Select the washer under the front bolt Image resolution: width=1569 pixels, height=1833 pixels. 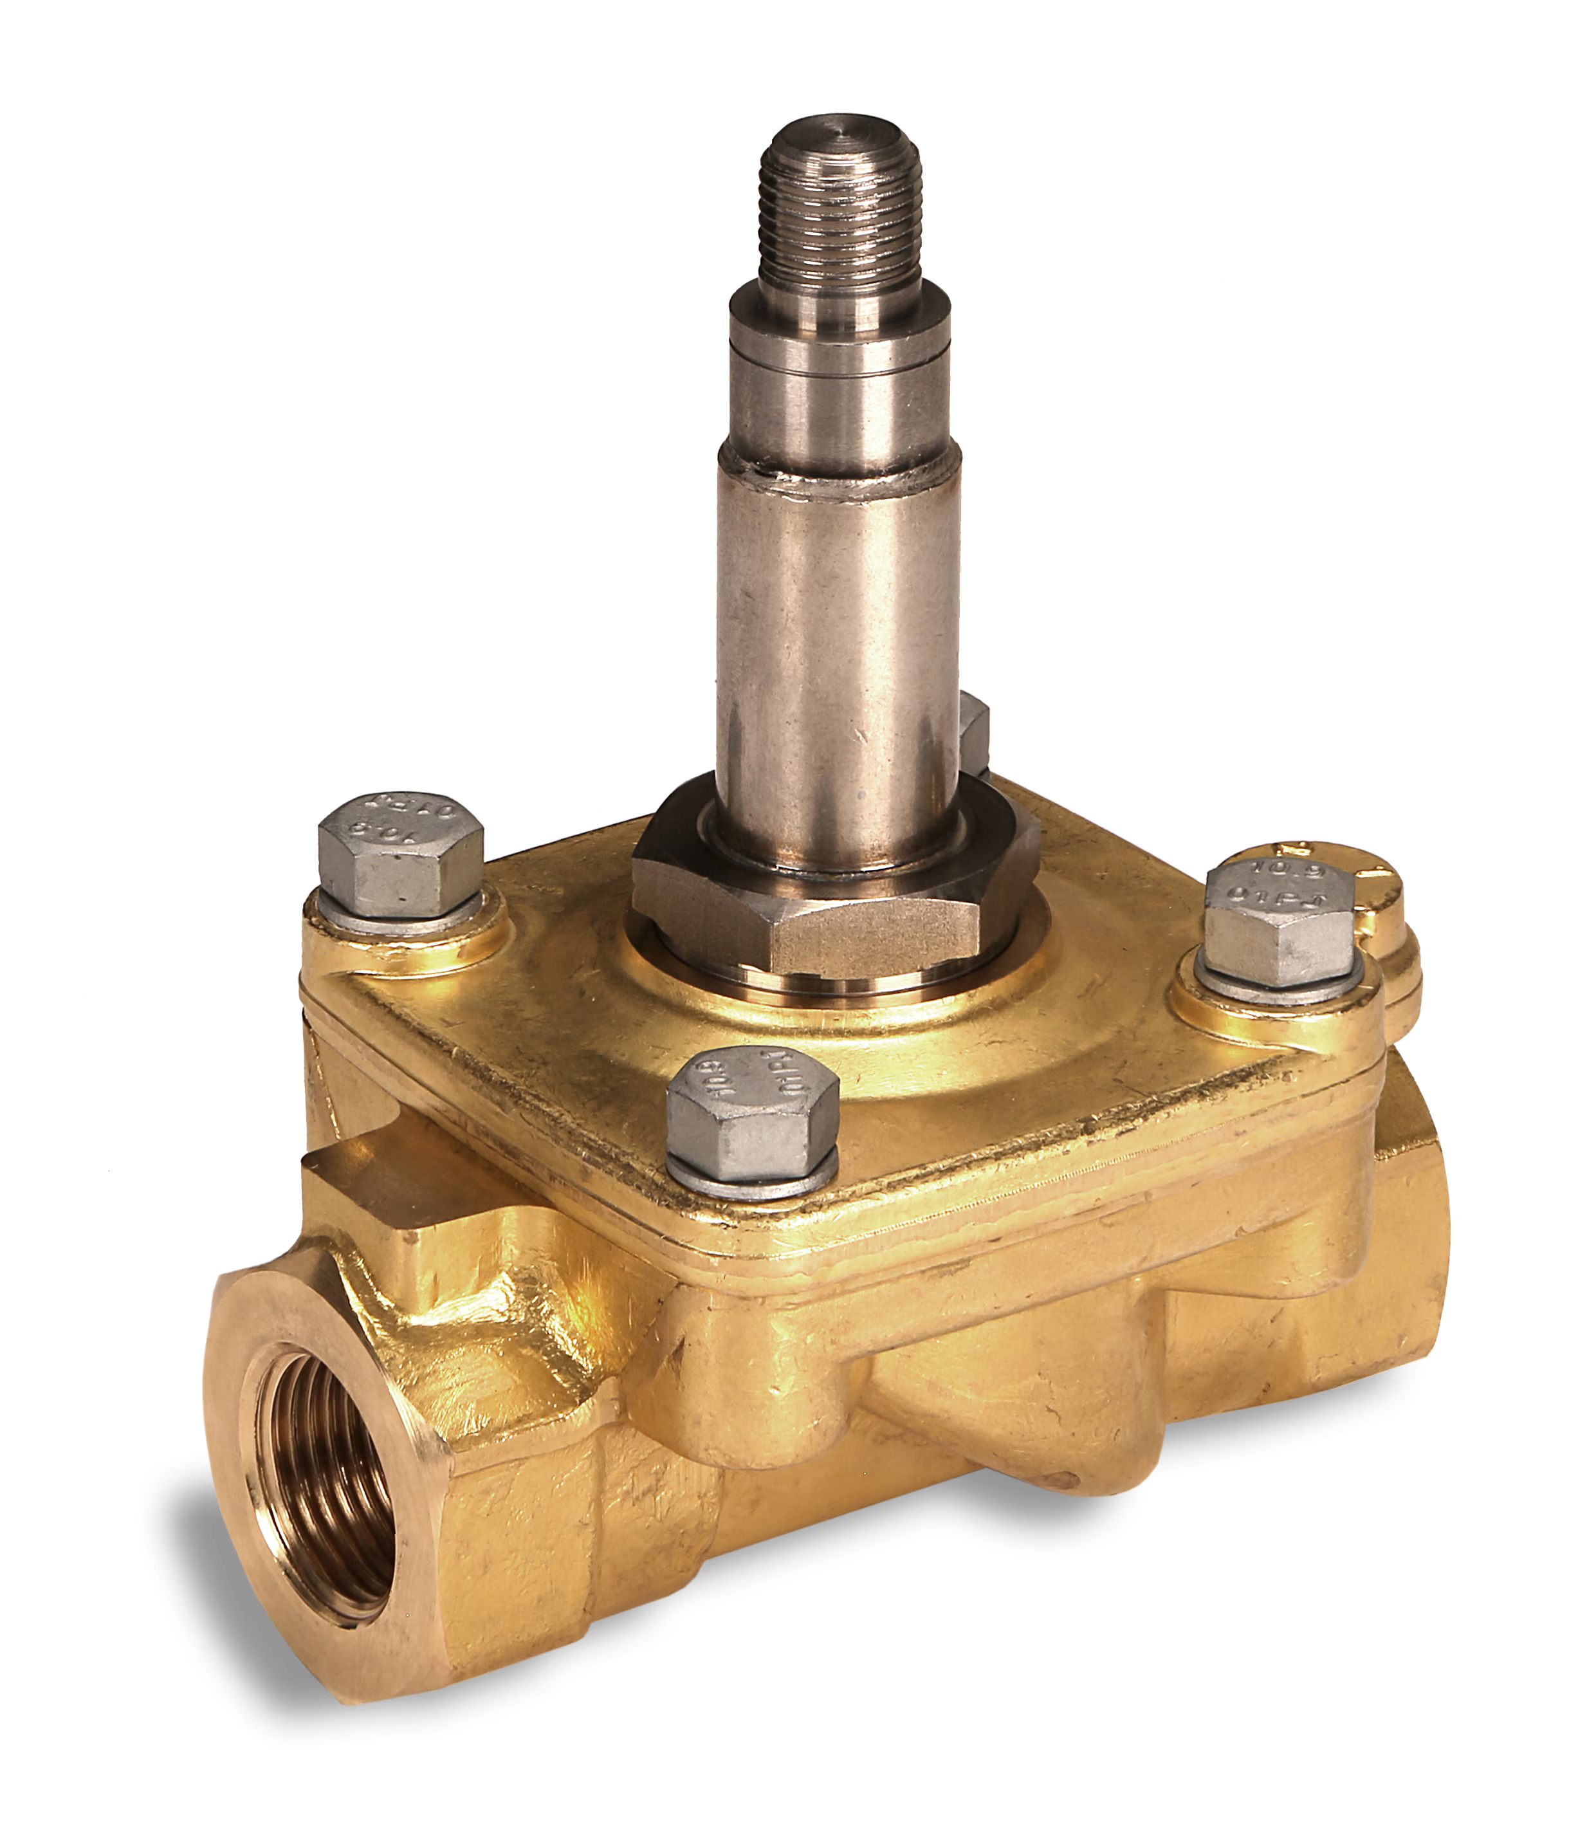pos(752,1177)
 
